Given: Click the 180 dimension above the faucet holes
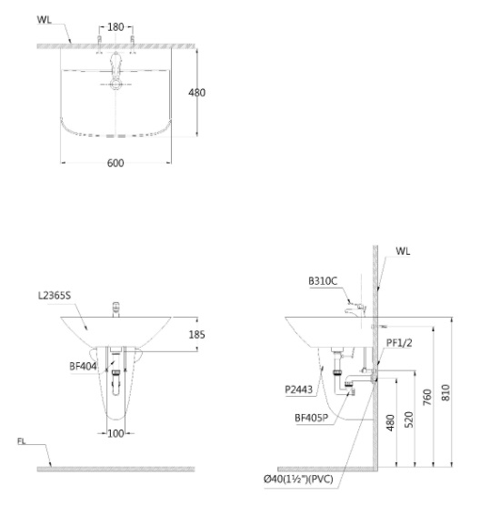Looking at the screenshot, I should point(115,27).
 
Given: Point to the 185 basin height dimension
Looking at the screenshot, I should point(195,335).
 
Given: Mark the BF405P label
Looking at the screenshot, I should point(312,419).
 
